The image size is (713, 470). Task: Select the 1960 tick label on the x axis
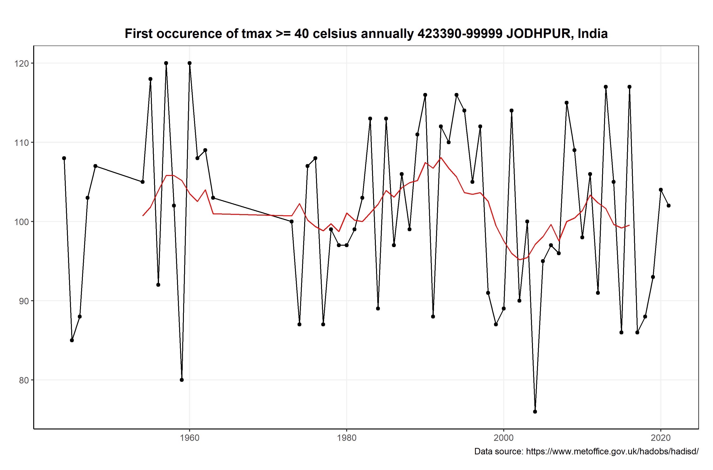(x=190, y=438)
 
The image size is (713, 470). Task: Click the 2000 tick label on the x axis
(x=504, y=438)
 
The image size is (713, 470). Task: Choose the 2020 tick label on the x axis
(x=661, y=438)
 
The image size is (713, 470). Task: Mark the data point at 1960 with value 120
(x=190, y=63)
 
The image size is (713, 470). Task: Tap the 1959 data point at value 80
(x=182, y=380)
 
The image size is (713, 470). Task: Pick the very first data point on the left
(x=64, y=158)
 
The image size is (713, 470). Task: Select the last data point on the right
(x=669, y=206)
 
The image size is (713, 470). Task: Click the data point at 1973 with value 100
(x=291, y=221)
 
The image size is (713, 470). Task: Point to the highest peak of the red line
(x=441, y=158)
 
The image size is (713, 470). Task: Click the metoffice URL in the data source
(x=612, y=452)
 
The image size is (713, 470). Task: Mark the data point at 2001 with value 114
(x=512, y=111)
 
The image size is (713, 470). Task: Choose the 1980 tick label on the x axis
(x=347, y=438)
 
